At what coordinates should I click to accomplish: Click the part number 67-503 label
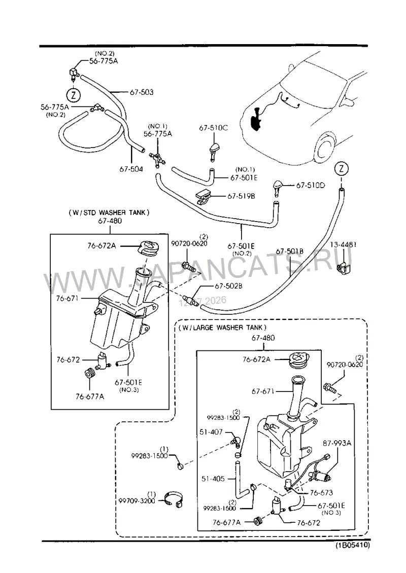(142, 92)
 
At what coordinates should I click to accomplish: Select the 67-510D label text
(310, 185)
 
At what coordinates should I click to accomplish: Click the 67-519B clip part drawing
(205, 196)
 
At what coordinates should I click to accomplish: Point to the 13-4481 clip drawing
(343, 268)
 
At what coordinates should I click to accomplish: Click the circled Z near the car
(342, 169)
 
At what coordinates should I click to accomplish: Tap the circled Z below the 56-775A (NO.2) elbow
(73, 95)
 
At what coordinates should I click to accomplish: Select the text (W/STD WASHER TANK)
(109, 212)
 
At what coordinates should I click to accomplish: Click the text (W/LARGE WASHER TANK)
(223, 328)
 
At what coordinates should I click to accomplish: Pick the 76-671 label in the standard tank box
(67, 298)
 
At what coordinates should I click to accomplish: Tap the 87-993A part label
(337, 443)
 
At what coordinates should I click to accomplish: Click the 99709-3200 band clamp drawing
(174, 499)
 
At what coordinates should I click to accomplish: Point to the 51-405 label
(213, 478)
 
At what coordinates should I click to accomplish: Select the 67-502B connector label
(228, 286)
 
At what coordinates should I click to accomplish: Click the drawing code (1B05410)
(353, 545)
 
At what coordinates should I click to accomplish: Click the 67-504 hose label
(131, 169)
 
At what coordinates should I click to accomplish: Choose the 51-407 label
(211, 432)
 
